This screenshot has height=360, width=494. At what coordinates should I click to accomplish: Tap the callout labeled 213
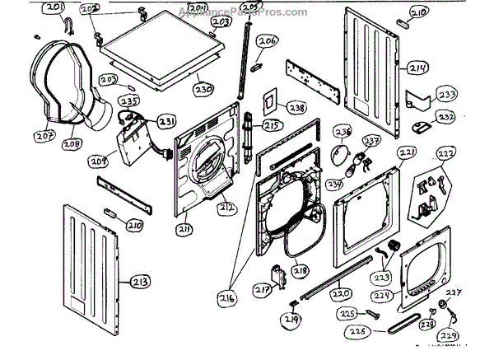click(141, 282)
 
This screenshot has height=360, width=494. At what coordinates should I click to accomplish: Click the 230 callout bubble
click(204, 88)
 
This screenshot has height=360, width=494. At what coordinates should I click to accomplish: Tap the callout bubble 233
click(446, 95)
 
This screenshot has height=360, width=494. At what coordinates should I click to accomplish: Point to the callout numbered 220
click(340, 292)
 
